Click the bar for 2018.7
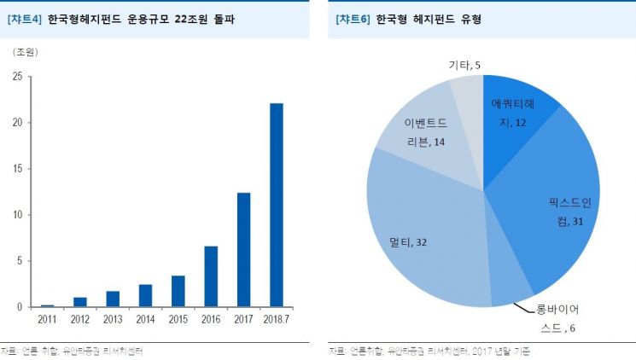point(277,205)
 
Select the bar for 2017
point(244,249)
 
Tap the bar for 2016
point(211,276)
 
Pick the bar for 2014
point(146,295)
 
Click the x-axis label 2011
point(48,318)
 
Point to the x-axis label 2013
point(114,318)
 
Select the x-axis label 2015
point(178,318)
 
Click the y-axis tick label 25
point(17,77)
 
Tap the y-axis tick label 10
point(17,215)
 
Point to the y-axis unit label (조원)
point(25,51)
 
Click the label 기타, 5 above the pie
point(466,64)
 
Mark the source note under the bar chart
point(72,350)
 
